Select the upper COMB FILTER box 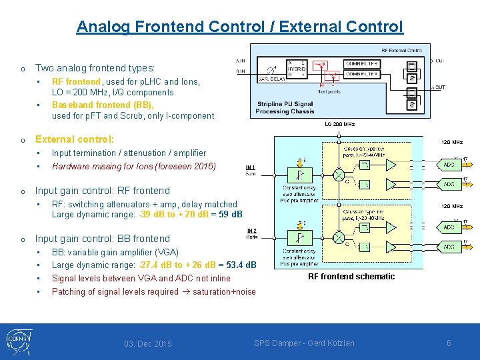[x=361, y=64]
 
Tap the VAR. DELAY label [x=271, y=79]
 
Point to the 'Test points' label [x=329, y=91]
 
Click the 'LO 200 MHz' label [x=339, y=125]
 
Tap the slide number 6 [x=449, y=343]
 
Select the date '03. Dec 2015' [x=147, y=344]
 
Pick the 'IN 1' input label [x=251, y=168]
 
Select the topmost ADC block [x=449, y=164]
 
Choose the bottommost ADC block [x=449, y=246]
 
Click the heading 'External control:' [x=75, y=139]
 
